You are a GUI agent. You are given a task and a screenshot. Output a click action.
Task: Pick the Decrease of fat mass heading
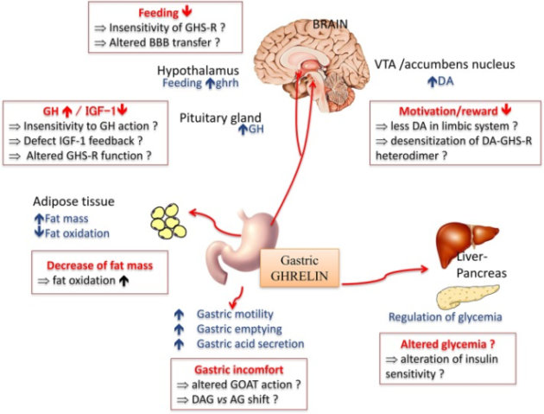[x=92, y=264]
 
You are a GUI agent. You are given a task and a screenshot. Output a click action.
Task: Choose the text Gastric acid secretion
[x=250, y=343]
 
